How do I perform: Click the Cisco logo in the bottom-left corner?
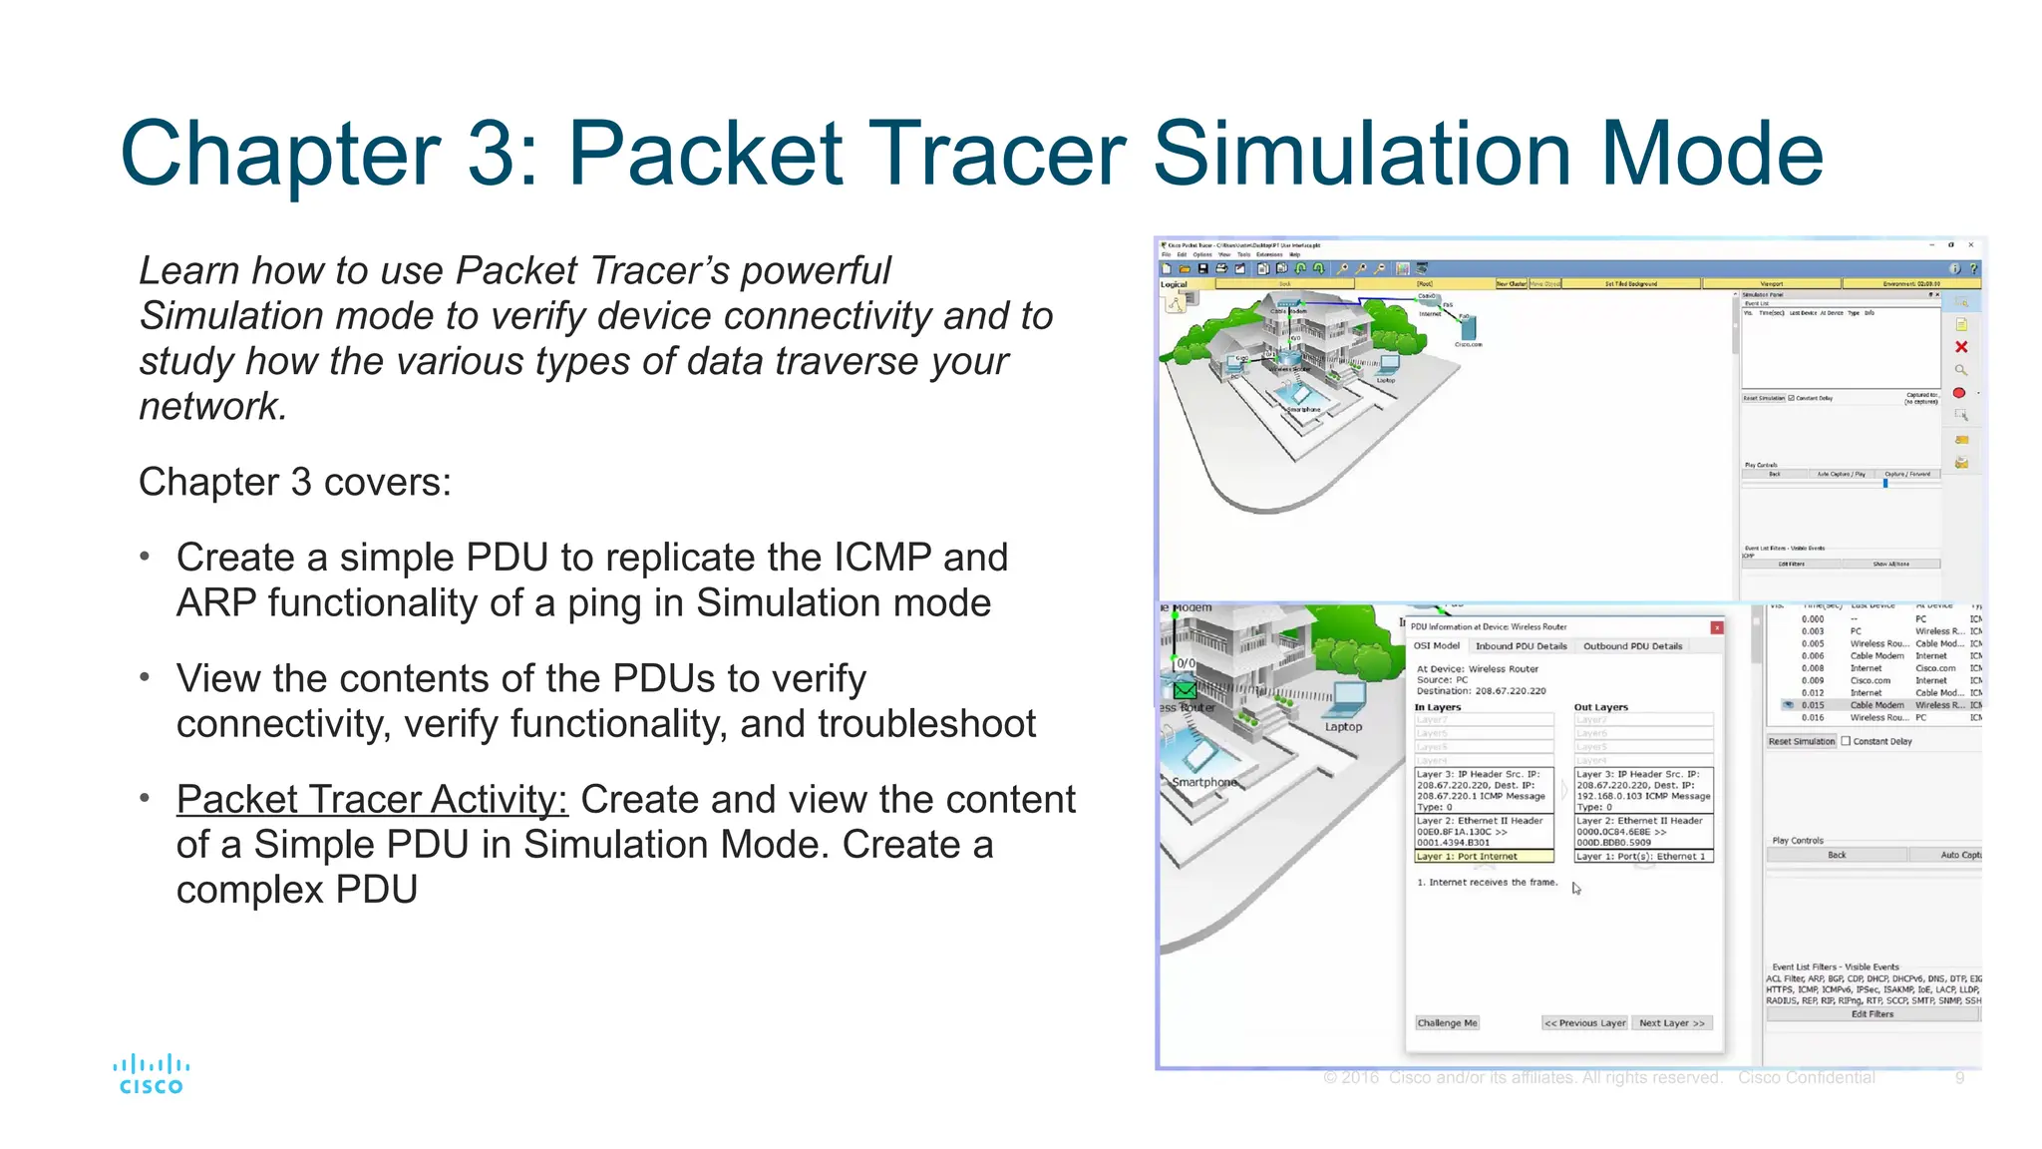pyautogui.click(x=151, y=1074)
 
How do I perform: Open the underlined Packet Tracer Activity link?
pyautogui.click(x=372, y=800)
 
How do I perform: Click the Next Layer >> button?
pyautogui.click(x=1672, y=1023)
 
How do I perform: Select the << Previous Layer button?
pyautogui.click(x=1584, y=1023)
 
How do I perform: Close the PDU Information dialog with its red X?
pyautogui.click(x=1716, y=627)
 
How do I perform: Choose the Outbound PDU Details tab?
pyautogui.click(x=1632, y=646)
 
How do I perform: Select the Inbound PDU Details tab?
pyautogui.click(x=1521, y=646)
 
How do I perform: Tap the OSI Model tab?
pyautogui.click(x=1437, y=646)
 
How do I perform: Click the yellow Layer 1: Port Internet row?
pyautogui.click(x=1484, y=857)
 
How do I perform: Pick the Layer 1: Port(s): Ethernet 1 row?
pyautogui.click(x=1642, y=857)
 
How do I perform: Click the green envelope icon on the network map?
pyautogui.click(x=1185, y=689)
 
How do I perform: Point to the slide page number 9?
pyautogui.click(x=1959, y=1078)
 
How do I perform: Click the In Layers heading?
pyautogui.click(x=1437, y=707)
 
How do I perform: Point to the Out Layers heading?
pyautogui.click(x=1600, y=707)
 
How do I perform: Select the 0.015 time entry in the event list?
pyautogui.click(x=1812, y=705)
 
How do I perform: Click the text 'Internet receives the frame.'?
pyautogui.click(x=1493, y=883)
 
